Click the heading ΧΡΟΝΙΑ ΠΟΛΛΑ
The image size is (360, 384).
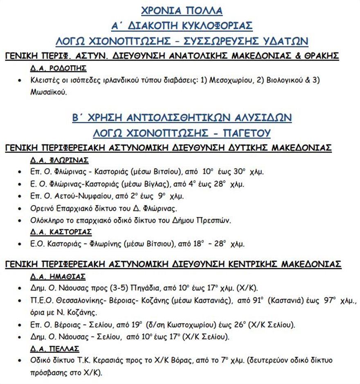tap(182, 10)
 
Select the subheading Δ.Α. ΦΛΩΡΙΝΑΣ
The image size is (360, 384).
tap(59, 160)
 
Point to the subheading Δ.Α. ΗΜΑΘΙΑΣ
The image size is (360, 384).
tap(58, 276)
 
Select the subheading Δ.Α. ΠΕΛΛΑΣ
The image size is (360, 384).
tap(55, 349)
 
